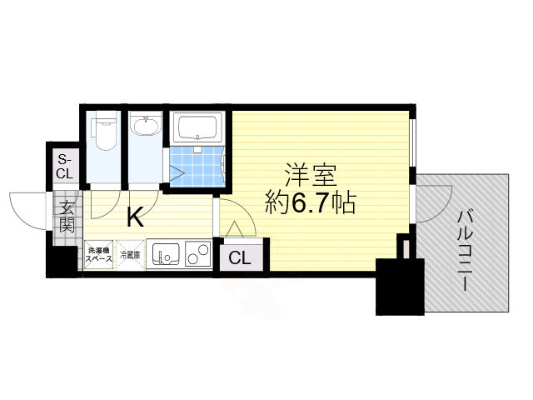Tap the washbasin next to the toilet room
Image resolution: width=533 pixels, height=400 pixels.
coord(147,128)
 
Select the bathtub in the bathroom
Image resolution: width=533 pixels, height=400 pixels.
coord(197,128)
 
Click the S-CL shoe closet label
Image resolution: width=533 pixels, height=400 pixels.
coord(64,167)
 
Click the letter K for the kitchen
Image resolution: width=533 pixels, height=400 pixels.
coord(134,219)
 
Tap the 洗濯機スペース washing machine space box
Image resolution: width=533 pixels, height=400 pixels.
coord(98,255)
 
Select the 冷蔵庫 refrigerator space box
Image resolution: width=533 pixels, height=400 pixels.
coord(131,255)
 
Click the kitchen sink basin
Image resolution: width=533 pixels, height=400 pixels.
coord(164,253)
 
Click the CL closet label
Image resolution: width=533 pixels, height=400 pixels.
coord(240,257)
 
